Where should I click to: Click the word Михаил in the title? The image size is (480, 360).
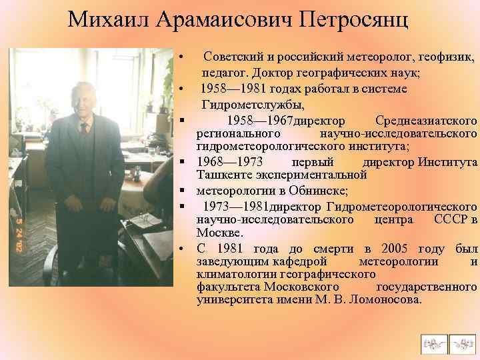[x=109, y=21]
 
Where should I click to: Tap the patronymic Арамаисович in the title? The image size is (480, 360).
[x=219, y=21]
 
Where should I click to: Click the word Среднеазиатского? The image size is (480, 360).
[x=426, y=121]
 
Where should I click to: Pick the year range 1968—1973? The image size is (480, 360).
[x=230, y=163]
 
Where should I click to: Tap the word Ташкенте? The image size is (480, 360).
[x=223, y=175]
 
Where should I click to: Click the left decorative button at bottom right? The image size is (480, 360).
[x=433, y=344]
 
